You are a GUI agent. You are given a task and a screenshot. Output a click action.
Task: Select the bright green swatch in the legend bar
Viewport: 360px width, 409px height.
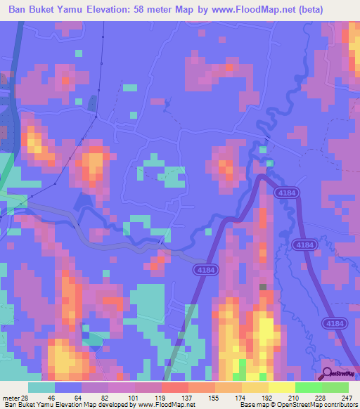point(308,387)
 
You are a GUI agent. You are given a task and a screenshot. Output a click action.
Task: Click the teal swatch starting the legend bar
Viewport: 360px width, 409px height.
point(42,387)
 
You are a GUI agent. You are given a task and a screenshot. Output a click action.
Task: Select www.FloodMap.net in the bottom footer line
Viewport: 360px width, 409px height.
point(157,405)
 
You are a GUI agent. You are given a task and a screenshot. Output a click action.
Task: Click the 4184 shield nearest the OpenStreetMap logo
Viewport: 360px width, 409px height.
point(333,323)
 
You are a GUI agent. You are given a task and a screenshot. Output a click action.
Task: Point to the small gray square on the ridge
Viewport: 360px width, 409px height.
point(263,287)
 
